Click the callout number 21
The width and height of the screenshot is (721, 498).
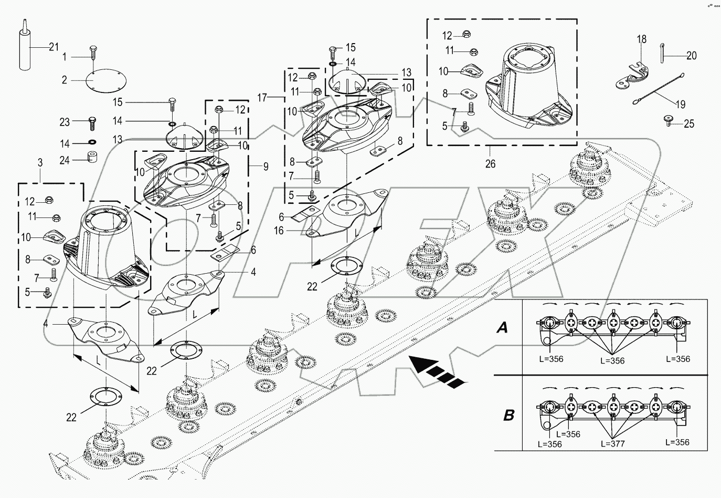point(54,47)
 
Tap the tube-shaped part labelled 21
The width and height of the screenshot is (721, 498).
point(24,50)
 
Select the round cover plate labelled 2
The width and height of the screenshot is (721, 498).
point(106,82)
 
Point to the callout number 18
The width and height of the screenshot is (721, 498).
point(642,39)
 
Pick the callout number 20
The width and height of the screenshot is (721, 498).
point(692,56)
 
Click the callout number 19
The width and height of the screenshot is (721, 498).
point(680,105)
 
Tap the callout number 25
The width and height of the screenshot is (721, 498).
point(690,124)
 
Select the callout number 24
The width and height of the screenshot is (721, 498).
point(65,160)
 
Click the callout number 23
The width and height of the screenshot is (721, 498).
point(65,121)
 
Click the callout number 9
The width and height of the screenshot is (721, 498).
point(266,167)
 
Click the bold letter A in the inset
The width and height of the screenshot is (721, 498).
point(502,328)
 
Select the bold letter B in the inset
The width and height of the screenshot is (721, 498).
point(508,416)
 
